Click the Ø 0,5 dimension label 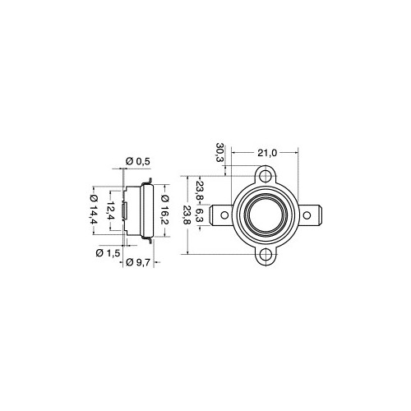click(138, 161)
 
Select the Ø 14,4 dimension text click(94, 210)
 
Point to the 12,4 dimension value click(111, 210)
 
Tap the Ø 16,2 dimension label click(165, 210)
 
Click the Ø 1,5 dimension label click(108, 253)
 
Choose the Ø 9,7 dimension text click(138, 262)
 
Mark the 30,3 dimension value click(220, 152)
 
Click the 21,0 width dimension click(267, 153)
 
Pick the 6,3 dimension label click(201, 215)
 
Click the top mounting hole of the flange click(266, 175)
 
